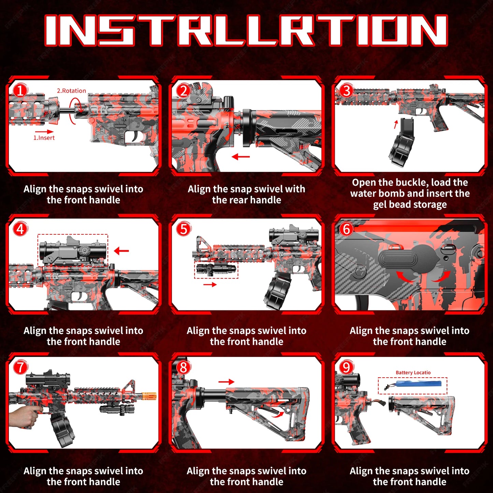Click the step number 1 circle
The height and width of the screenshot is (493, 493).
pos(20,91)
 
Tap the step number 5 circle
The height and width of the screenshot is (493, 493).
pos(184,229)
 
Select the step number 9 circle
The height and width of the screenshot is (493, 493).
pos(346,367)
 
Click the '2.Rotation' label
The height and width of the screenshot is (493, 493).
pos(71,91)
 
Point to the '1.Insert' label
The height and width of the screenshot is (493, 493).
pos(44,138)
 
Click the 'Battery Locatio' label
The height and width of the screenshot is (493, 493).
pos(413,373)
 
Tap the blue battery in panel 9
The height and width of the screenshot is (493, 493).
pos(420,384)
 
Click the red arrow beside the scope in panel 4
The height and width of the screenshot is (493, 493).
pos(121,251)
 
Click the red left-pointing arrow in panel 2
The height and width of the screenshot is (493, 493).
pos(241,157)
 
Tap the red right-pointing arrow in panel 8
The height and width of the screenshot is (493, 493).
pos(227,382)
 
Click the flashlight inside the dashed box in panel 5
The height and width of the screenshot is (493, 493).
pos(216,269)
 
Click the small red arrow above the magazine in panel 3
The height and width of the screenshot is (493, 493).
pos(396,125)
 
